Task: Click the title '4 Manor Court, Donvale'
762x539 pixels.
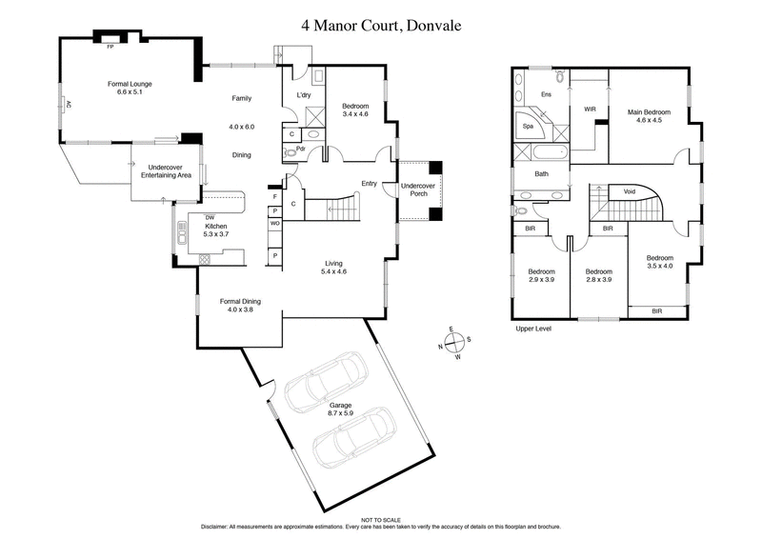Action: [x=381, y=26]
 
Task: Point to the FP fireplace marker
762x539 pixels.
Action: [x=110, y=45]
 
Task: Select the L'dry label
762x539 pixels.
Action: [x=305, y=95]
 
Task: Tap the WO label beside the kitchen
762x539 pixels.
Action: [x=274, y=223]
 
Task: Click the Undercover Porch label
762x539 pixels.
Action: [x=417, y=189]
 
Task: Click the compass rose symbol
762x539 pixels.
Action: [x=455, y=341]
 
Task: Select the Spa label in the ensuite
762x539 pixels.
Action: [x=526, y=125]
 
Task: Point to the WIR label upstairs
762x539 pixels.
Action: [x=590, y=110]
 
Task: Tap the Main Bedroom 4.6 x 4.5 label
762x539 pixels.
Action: [x=649, y=116]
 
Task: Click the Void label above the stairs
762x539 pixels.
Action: [x=629, y=190]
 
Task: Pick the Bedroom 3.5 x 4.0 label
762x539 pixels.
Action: [x=659, y=262]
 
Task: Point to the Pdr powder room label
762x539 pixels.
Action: [x=301, y=149]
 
